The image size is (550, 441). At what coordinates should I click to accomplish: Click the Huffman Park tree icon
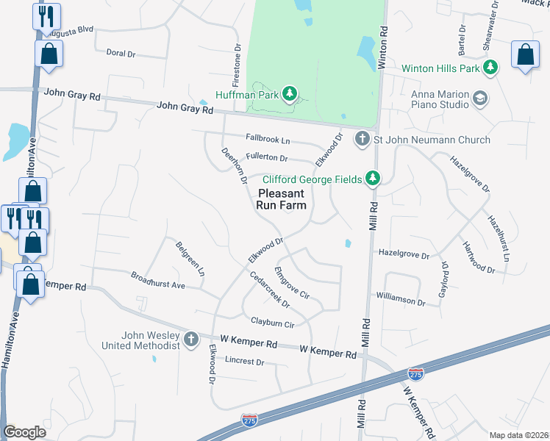pos(290,93)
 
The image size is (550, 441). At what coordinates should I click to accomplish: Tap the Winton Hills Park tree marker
pos(490,68)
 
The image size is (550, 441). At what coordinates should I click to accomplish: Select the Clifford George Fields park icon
pos(374,178)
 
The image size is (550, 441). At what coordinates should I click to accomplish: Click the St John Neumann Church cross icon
pos(361,138)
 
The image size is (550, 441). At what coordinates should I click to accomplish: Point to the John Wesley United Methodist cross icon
pos(191,339)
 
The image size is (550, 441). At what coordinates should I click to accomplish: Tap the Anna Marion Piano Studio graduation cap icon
pos(480,98)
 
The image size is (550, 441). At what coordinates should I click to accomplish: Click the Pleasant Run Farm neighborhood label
pos(281,200)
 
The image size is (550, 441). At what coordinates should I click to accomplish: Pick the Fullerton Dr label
pos(267,157)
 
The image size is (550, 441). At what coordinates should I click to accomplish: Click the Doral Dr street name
pos(121,54)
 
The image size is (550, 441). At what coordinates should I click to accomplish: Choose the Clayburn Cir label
pos(273,323)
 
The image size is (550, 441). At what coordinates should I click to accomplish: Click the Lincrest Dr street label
pos(244,361)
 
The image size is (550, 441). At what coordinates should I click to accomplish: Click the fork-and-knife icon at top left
pos(47,16)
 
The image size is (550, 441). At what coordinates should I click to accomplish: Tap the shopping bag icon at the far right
pos(525,54)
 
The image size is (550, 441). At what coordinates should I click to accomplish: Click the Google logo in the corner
pos(24,432)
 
